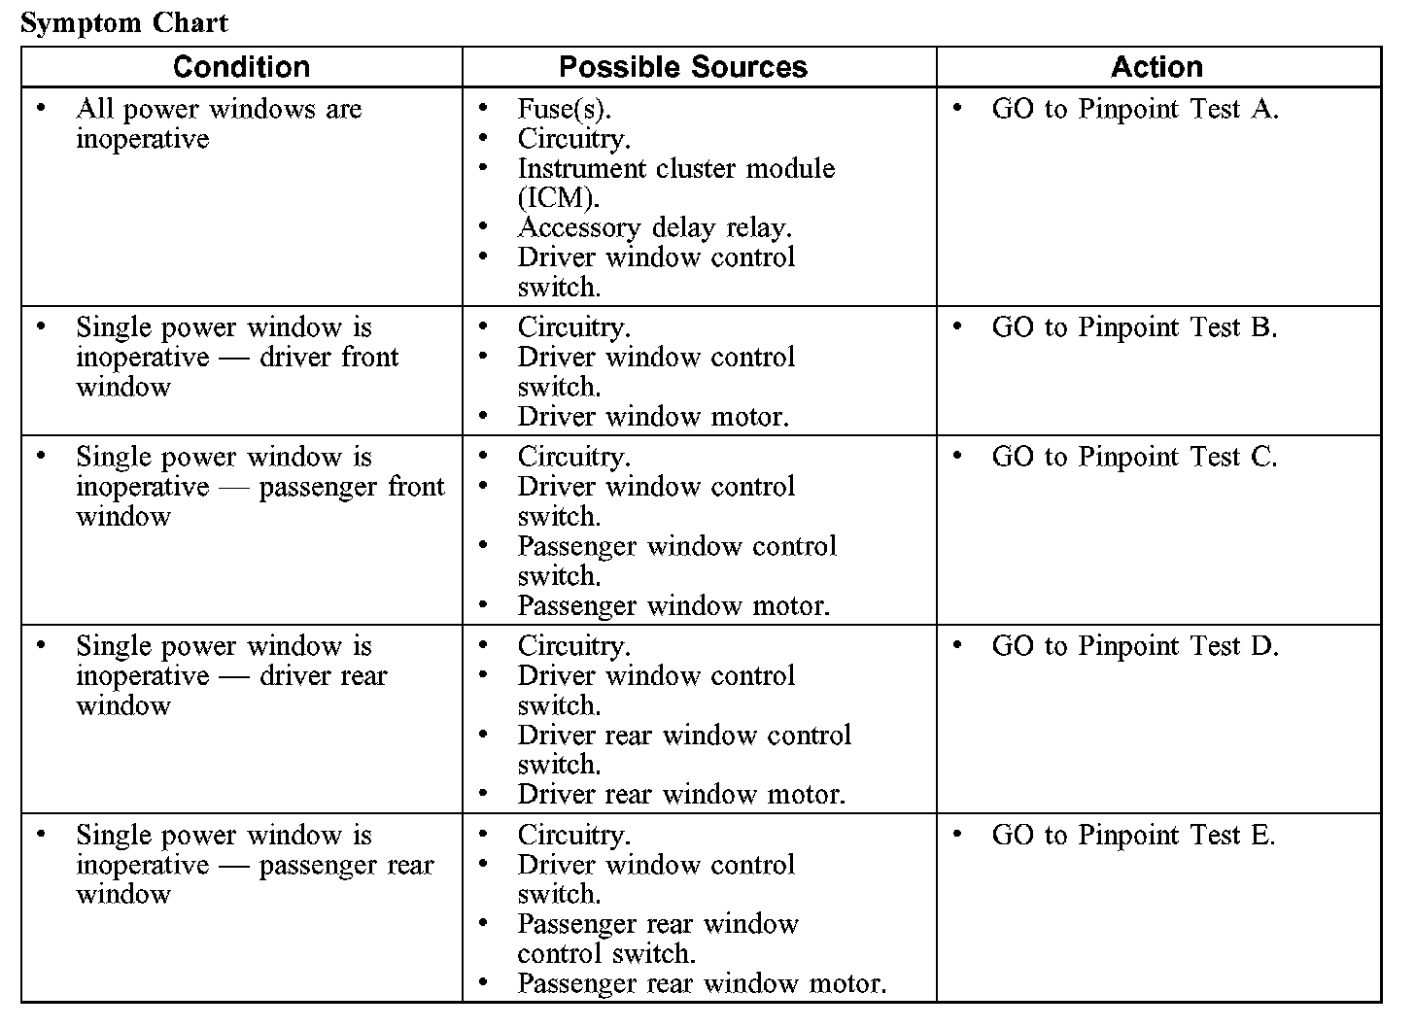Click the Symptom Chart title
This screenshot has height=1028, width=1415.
coord(123,23)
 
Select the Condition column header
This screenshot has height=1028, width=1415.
coord(241,67)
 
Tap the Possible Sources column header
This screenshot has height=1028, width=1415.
coord(683,67)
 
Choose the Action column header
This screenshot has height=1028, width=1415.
coord(1156,67)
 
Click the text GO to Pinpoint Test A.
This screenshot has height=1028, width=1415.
coord(1134,109)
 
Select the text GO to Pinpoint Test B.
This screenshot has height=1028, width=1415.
coord(1134,327)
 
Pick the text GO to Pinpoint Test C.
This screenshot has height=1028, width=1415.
coord(1134,457)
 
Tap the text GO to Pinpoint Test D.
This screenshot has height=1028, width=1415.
coord(1134,646)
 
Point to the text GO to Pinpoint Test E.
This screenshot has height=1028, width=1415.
coord(1133,836)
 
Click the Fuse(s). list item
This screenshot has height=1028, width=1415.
coord(564,109)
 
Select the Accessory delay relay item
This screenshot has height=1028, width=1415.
coord(654,228)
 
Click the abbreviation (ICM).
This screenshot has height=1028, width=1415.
coord(558,198)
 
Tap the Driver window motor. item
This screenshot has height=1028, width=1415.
coord(652,417)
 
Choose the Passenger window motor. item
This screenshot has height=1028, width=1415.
coord(673,606)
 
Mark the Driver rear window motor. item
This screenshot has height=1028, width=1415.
coord(681,795)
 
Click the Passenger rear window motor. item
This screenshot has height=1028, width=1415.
coord(702,983)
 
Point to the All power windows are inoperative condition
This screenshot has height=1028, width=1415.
coord(218,123)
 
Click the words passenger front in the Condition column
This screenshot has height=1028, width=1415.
coord(352,487)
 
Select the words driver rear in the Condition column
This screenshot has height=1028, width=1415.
coord(323,676)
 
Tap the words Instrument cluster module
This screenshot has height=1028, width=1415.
coord(675,169)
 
